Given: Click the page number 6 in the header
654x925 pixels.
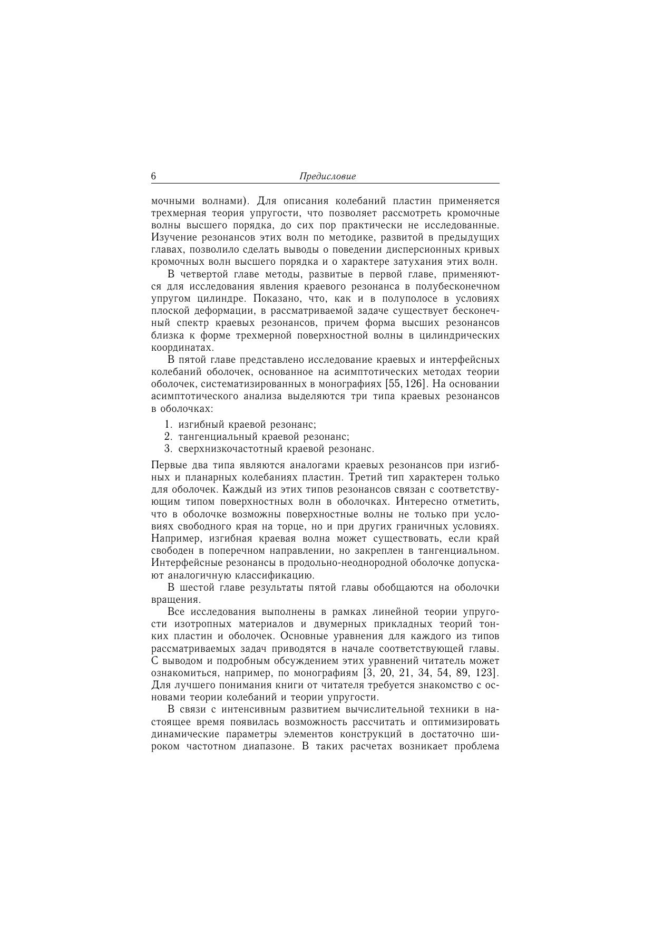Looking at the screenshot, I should pos(153,177).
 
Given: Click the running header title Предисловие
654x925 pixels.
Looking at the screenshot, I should pos(327,177).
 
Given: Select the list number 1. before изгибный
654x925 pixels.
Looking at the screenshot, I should pos(169,425).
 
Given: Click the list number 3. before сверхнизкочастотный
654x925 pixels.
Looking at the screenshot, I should pos(169,449).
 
